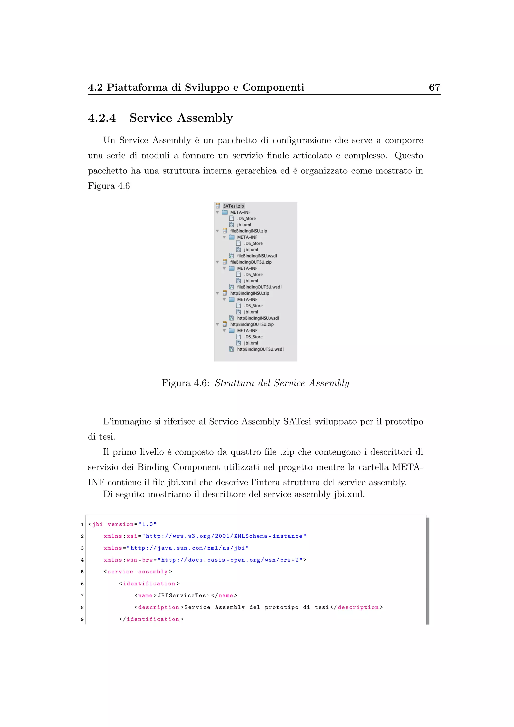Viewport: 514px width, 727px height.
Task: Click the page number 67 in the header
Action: point(434,87)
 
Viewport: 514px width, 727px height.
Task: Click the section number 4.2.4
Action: point(102,118)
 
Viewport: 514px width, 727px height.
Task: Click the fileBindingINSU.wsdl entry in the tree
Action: point(257,256)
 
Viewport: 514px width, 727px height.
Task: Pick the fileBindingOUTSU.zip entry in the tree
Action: point(251,262)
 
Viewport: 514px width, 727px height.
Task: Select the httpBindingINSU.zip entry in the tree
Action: point(249,293)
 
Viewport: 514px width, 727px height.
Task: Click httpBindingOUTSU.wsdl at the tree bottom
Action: point(260,349)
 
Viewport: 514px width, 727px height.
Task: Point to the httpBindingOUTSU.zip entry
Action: point(252,324)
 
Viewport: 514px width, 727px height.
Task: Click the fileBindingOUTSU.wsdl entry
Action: point(259,287)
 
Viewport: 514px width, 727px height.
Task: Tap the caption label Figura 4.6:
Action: point(185,383)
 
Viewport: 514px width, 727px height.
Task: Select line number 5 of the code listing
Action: point(82,572)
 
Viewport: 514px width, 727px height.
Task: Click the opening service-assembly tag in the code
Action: point(138,572)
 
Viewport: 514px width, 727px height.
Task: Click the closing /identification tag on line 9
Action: point(151,619)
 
